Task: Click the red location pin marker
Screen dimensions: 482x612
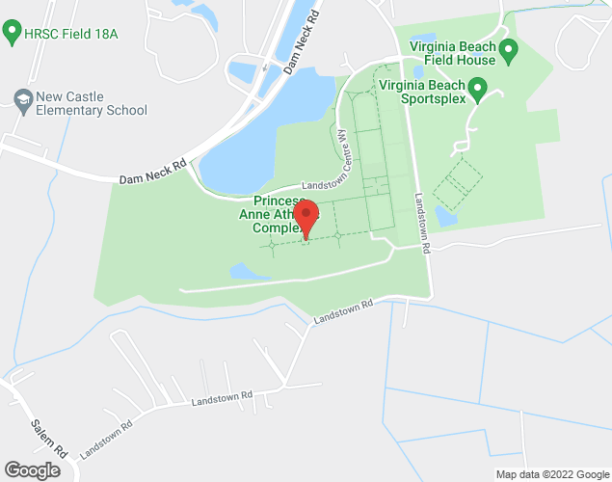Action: point(306,217)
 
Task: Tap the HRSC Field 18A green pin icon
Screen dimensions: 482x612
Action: point(13,34)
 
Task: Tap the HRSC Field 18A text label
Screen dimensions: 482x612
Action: point(72,34)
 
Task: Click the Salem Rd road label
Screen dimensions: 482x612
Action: point(45,440)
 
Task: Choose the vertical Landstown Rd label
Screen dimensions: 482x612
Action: point(422,220)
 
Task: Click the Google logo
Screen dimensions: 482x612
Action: point(31,469)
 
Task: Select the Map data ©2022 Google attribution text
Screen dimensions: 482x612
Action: point(551,473)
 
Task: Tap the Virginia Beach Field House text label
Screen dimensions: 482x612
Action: point(453,53)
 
